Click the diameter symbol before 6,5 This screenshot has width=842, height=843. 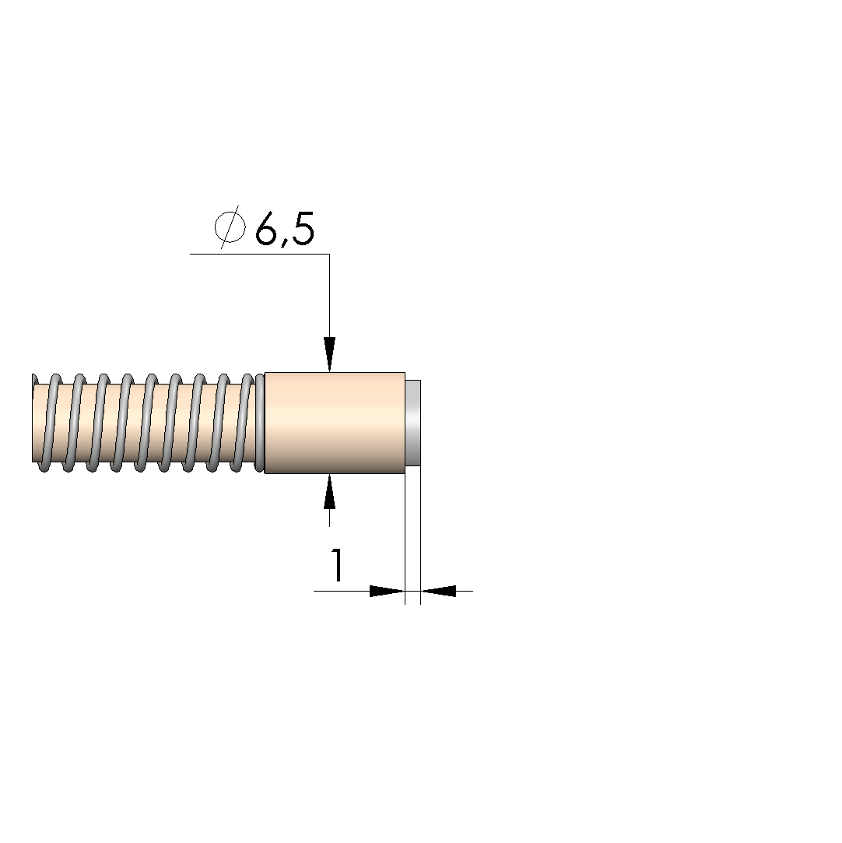[x=230, y=227]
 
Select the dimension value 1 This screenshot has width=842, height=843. [x=337, y=565]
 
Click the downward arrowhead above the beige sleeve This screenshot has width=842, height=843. [x=329, y=354]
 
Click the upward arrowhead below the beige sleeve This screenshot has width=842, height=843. [x=329, y=491]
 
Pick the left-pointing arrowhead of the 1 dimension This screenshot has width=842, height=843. [x=438, y=591]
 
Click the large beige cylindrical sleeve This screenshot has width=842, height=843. [x=335, y=423]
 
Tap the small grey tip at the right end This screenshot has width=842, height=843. [x=413, y=423]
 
